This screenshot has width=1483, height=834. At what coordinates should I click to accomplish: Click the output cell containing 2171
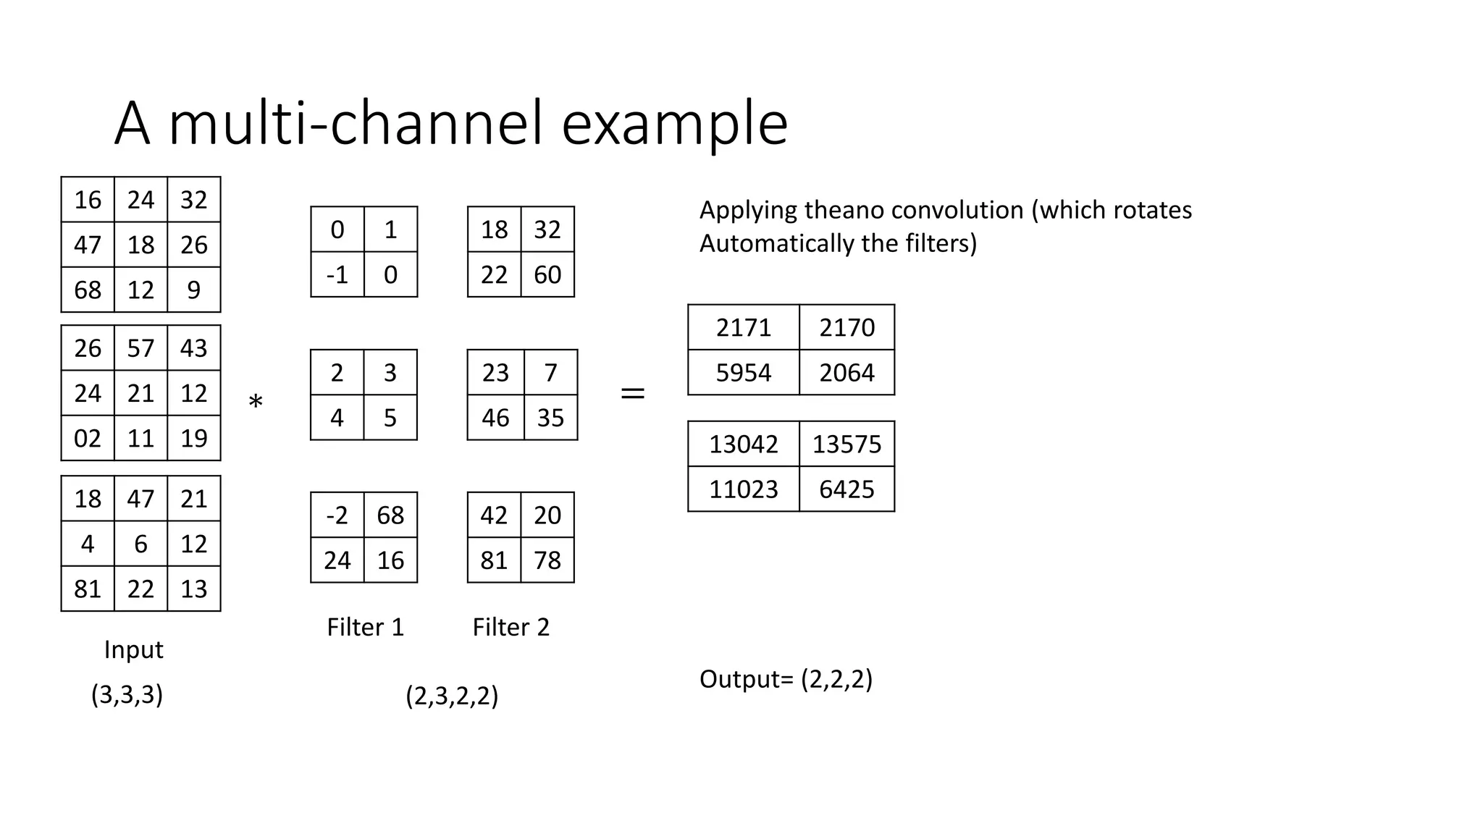pos(743,327)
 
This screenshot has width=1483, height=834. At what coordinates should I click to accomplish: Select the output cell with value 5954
pos(743,373)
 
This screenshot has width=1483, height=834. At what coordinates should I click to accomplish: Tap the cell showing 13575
pos(846,444)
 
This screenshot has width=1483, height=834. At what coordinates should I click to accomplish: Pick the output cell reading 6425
pos(846,489)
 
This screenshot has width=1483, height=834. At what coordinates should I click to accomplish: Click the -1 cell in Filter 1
pos(337,275)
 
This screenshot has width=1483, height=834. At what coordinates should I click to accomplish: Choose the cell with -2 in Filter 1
pos(337,515)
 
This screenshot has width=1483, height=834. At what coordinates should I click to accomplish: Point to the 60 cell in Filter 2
pos(547,275)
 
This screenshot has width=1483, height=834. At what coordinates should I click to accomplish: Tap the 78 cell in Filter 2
pos(547,560)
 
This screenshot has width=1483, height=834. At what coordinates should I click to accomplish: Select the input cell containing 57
pos(140,348)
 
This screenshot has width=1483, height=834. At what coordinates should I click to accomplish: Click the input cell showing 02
pos(88,439)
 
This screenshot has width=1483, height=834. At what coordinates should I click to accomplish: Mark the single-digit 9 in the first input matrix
pos(193,290)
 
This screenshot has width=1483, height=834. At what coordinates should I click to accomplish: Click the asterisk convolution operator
pos(255,402)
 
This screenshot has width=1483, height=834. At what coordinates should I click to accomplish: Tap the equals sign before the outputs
pos(632,394)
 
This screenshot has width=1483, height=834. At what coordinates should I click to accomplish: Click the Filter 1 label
pos(365,627)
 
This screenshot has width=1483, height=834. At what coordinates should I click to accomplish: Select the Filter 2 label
pos(511,627)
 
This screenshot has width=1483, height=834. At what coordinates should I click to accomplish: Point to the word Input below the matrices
pos(133,649)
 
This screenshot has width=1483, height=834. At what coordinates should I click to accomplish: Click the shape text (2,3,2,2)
pos(451,696)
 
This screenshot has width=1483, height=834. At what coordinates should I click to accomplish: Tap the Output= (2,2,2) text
pos(786,679)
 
